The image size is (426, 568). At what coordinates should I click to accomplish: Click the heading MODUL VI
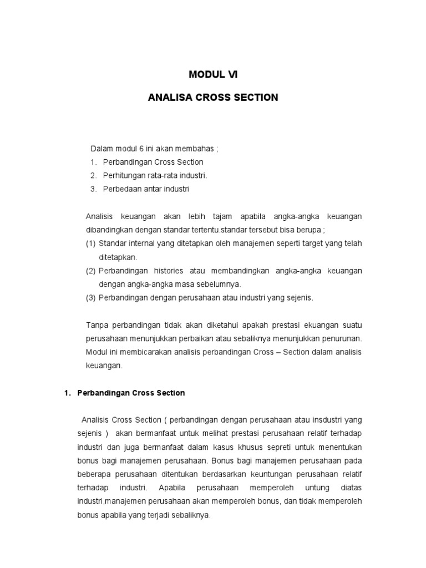[212, 74]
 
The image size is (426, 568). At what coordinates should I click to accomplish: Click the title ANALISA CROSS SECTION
[213, 98]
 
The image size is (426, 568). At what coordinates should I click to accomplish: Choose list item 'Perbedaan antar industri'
[146, 189]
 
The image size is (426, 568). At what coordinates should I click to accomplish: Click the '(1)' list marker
[91, 244]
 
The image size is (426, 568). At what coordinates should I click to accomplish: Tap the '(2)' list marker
[91, 271]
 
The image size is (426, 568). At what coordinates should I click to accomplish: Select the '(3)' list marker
[91, 298]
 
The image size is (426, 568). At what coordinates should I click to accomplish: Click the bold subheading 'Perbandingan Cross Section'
[131, 393]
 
